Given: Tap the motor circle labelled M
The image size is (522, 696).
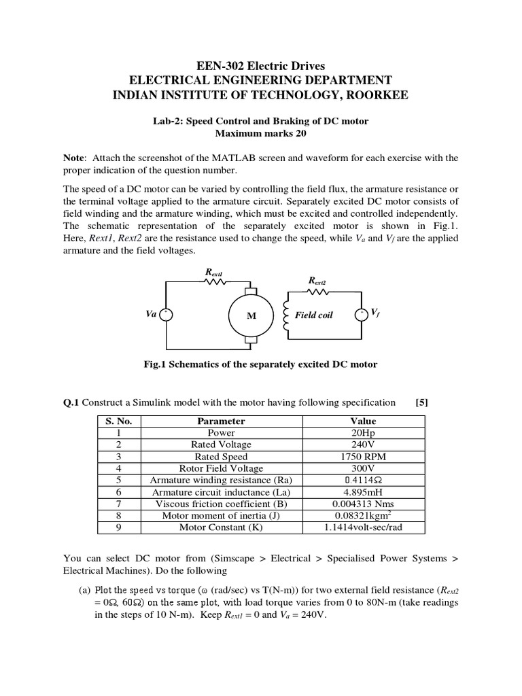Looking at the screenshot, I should (251, 315).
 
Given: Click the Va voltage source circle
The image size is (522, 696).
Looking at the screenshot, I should (167, 314).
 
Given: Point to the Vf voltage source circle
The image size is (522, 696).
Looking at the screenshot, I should (362, 313).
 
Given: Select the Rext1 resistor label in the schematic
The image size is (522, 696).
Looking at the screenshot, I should (214, 272).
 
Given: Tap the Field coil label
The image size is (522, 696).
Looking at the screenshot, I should (313, 315).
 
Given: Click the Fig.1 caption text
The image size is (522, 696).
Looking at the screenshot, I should (260, 364).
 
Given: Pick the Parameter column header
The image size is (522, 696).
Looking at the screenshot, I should (221, 421).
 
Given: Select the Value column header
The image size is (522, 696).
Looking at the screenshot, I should (363, 421).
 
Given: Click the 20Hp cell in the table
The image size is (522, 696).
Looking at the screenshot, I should (363, 433).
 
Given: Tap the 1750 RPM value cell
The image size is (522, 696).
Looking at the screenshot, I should (363, 457).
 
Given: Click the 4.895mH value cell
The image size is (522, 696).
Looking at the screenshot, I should (363, 492).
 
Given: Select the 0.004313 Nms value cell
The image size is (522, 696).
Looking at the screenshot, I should (363, 504).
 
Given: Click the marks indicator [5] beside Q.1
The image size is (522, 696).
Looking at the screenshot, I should (422, 402).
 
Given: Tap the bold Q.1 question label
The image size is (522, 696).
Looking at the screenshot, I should (71, 402).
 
